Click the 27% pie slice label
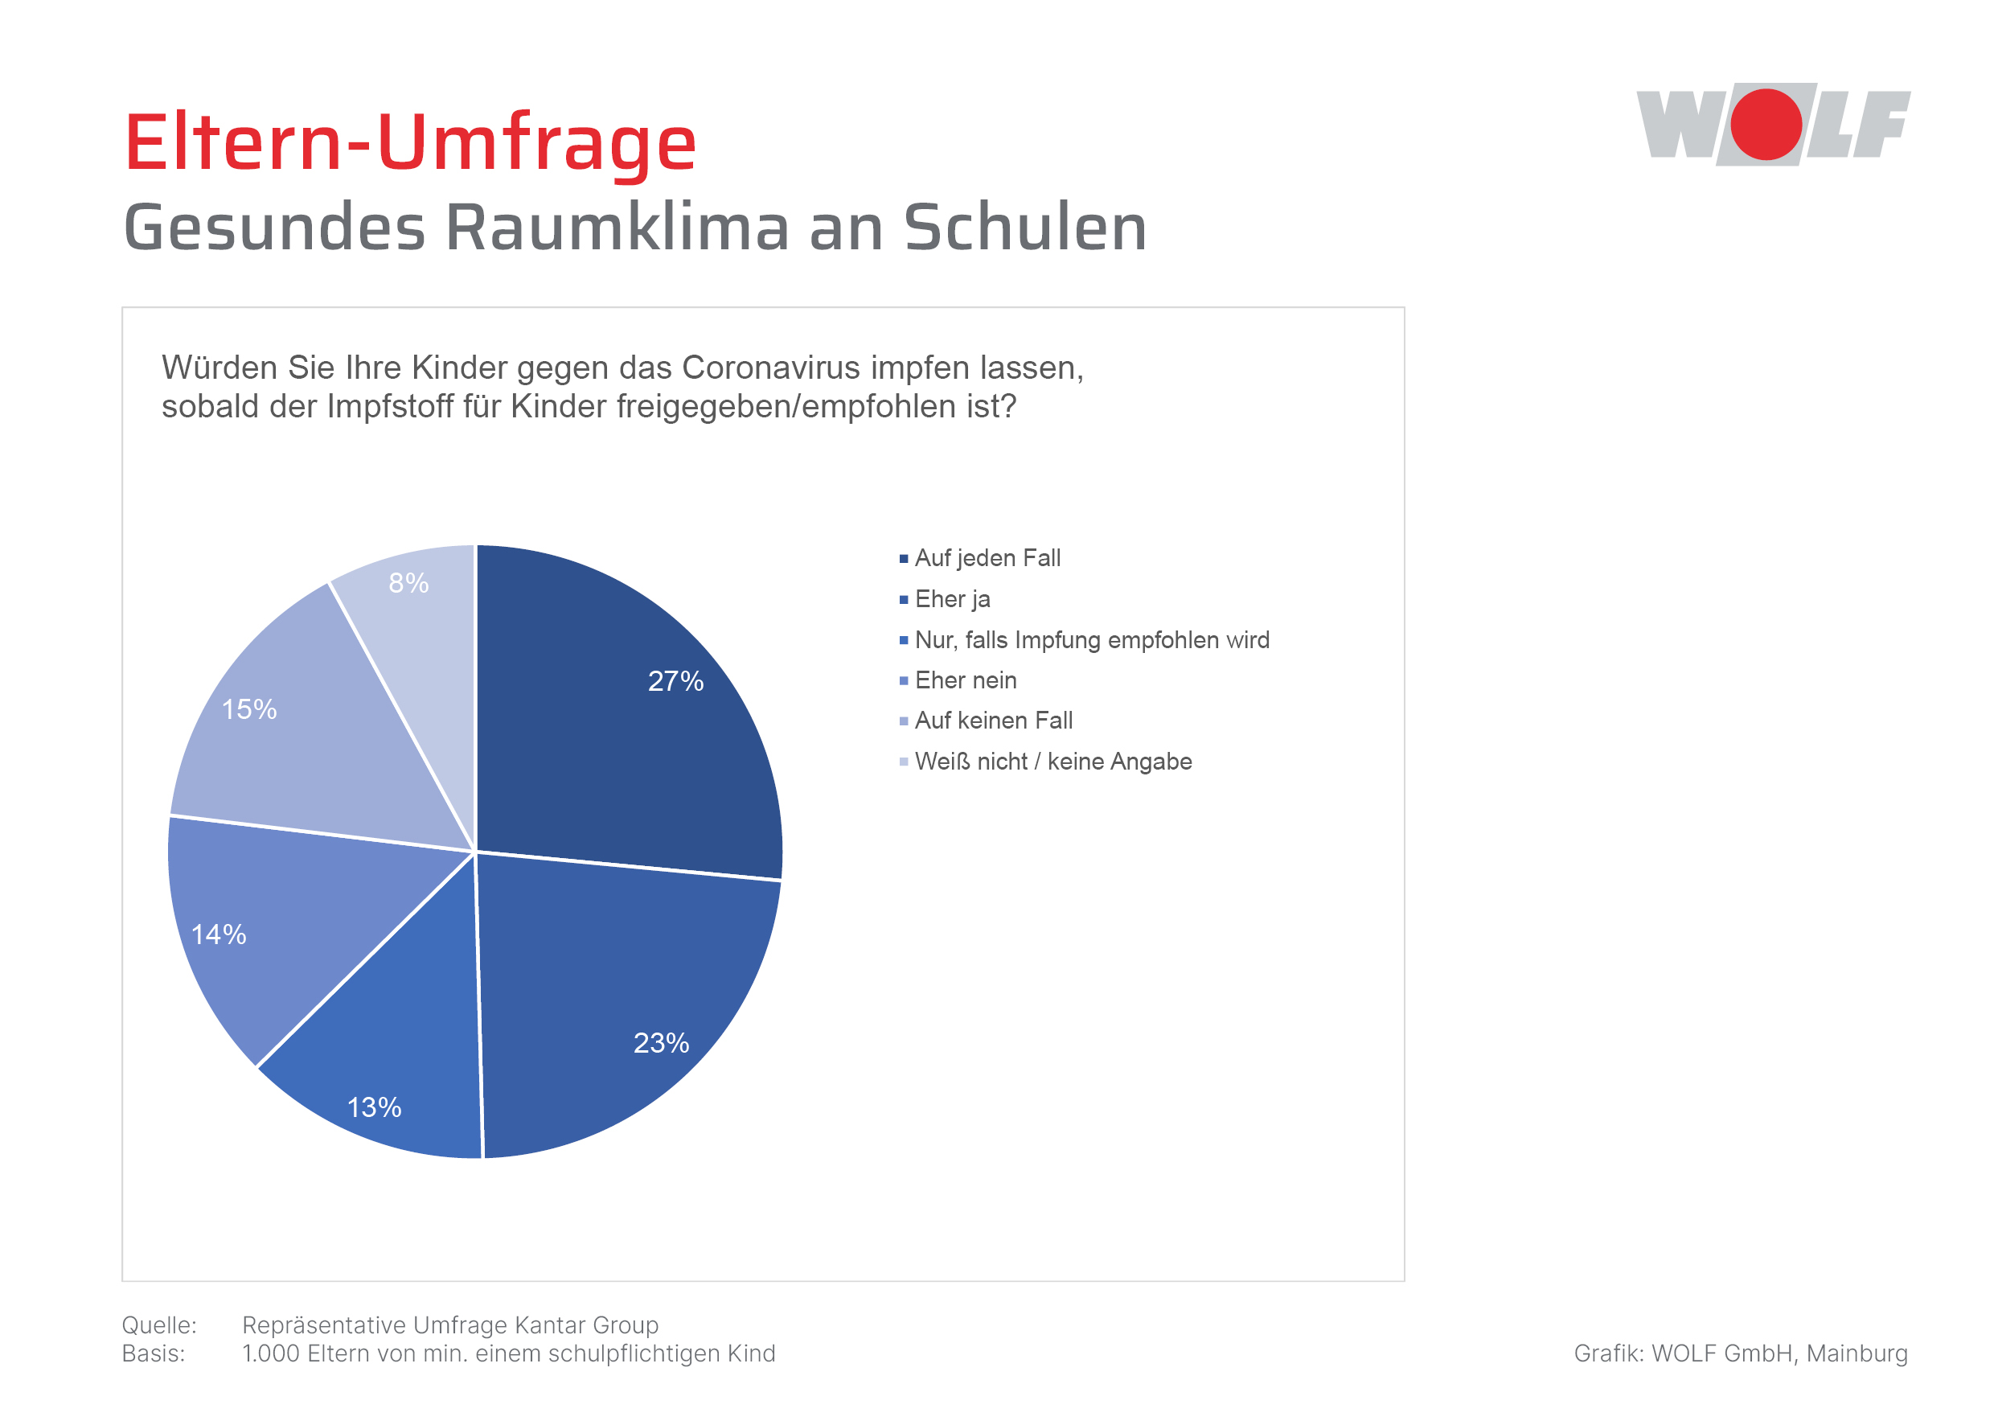(x=675, y=681)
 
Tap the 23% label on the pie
(x=661, y=1042)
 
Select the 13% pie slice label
(x=374, y=1107)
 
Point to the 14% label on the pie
(x=219, y=934)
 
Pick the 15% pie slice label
(x=249, y=709)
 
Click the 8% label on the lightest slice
(x=408, y=583)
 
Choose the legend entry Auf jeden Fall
(x=987, y=558)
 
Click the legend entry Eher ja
(x=952, y=599)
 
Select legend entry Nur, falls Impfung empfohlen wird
(x=1091, y=639)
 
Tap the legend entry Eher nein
(x=965, y=680)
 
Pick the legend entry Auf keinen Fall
(x=993, y=721)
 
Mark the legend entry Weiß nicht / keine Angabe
(x=1052, y=762)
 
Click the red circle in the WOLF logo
(x=1765, y=125)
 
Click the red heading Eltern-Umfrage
(x=410, y=142)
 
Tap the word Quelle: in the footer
(x=158, y=1325)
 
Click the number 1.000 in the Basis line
(x=271, y=1353)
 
